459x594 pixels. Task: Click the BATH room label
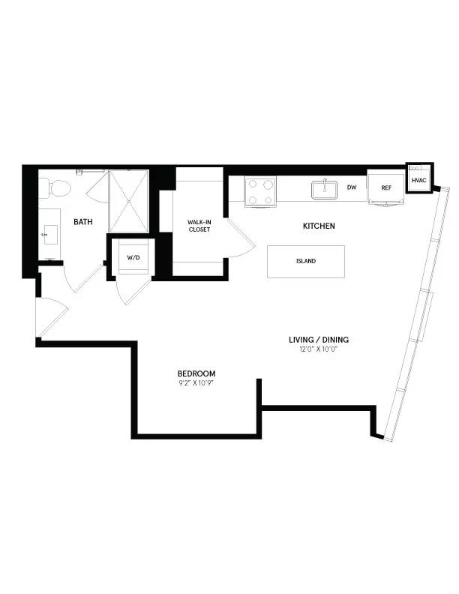[82, 222]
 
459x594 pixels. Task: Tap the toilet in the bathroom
[46, 185]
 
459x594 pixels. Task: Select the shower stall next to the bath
[129, 200]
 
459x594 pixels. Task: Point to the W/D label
[133, 257]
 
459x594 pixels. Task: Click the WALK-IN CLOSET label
[199, 225]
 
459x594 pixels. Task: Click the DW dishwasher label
[352, 187]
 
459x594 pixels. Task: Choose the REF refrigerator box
[386, 187]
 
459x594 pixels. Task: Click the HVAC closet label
[418, 181]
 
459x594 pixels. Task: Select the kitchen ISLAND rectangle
[306, 262]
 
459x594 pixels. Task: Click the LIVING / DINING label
[319, 340]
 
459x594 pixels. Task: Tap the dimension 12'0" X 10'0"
[319, 349]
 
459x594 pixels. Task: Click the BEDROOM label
[196, 373]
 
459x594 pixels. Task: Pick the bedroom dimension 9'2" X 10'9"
[196, 383]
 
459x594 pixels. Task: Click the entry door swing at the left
[49, 315]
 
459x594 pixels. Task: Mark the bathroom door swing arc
[81, 277]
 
